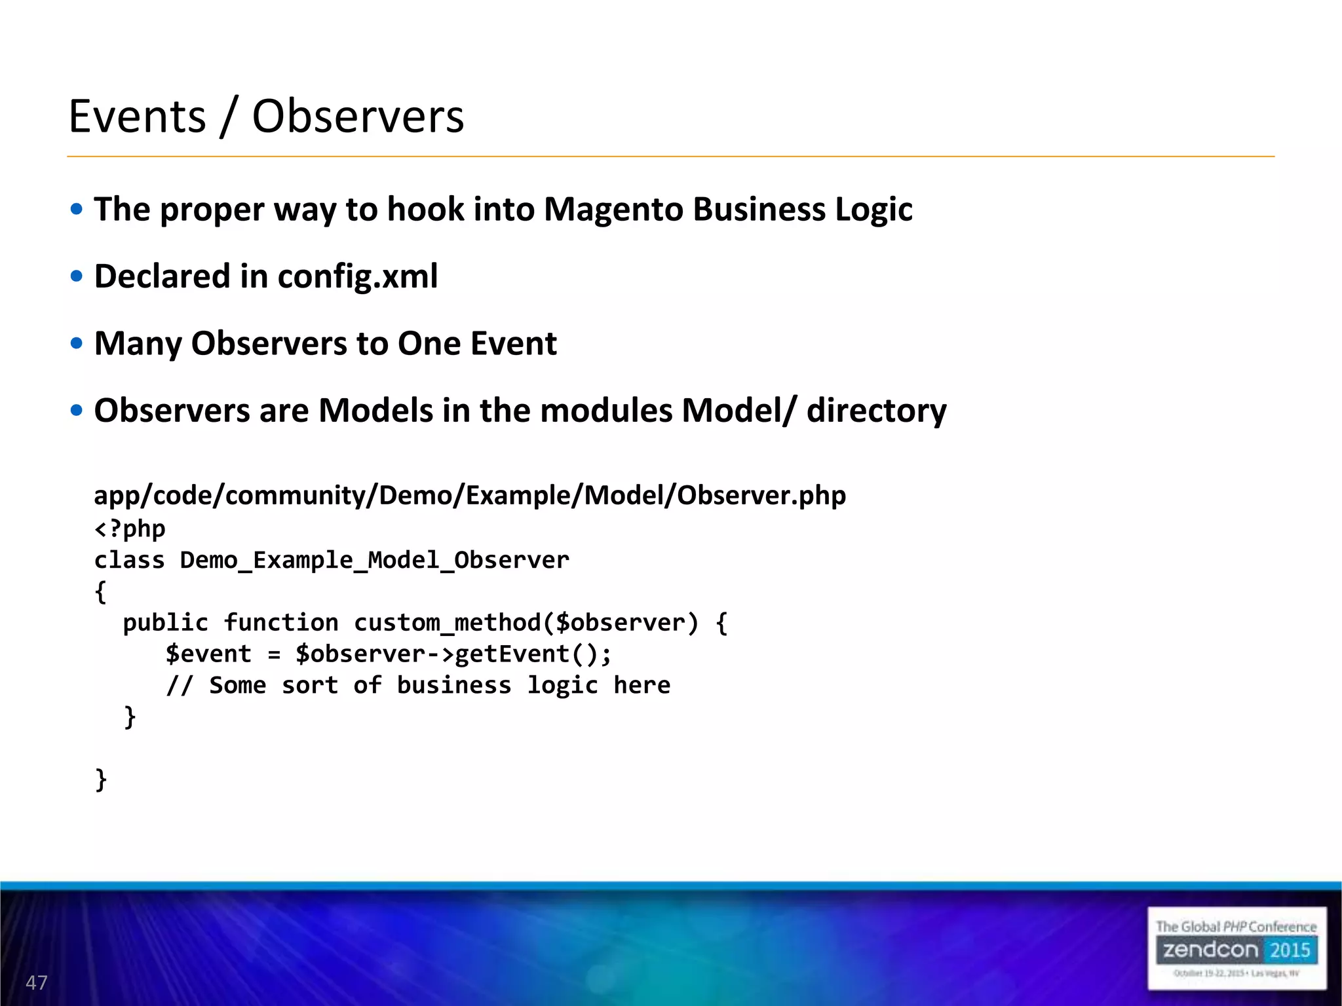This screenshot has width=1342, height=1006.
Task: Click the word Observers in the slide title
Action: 358,117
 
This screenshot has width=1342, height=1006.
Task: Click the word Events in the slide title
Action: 138,117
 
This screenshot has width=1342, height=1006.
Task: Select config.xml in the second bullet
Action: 358,276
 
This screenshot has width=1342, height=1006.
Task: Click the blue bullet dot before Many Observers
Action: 77,343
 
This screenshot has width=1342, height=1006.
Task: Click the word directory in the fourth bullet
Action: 876,411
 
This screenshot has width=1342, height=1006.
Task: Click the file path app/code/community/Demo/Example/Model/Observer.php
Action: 470,495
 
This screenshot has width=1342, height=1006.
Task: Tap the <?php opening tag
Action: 130,529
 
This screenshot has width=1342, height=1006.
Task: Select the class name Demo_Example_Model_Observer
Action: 374,561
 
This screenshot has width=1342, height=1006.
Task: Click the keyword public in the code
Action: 165,623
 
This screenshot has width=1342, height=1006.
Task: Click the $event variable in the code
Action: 208,654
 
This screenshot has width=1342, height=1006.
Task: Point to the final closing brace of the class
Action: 101,779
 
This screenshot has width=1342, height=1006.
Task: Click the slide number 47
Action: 37,982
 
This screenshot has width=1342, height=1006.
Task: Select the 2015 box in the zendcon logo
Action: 1290,950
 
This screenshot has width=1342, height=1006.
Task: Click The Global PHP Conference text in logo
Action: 1236,927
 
